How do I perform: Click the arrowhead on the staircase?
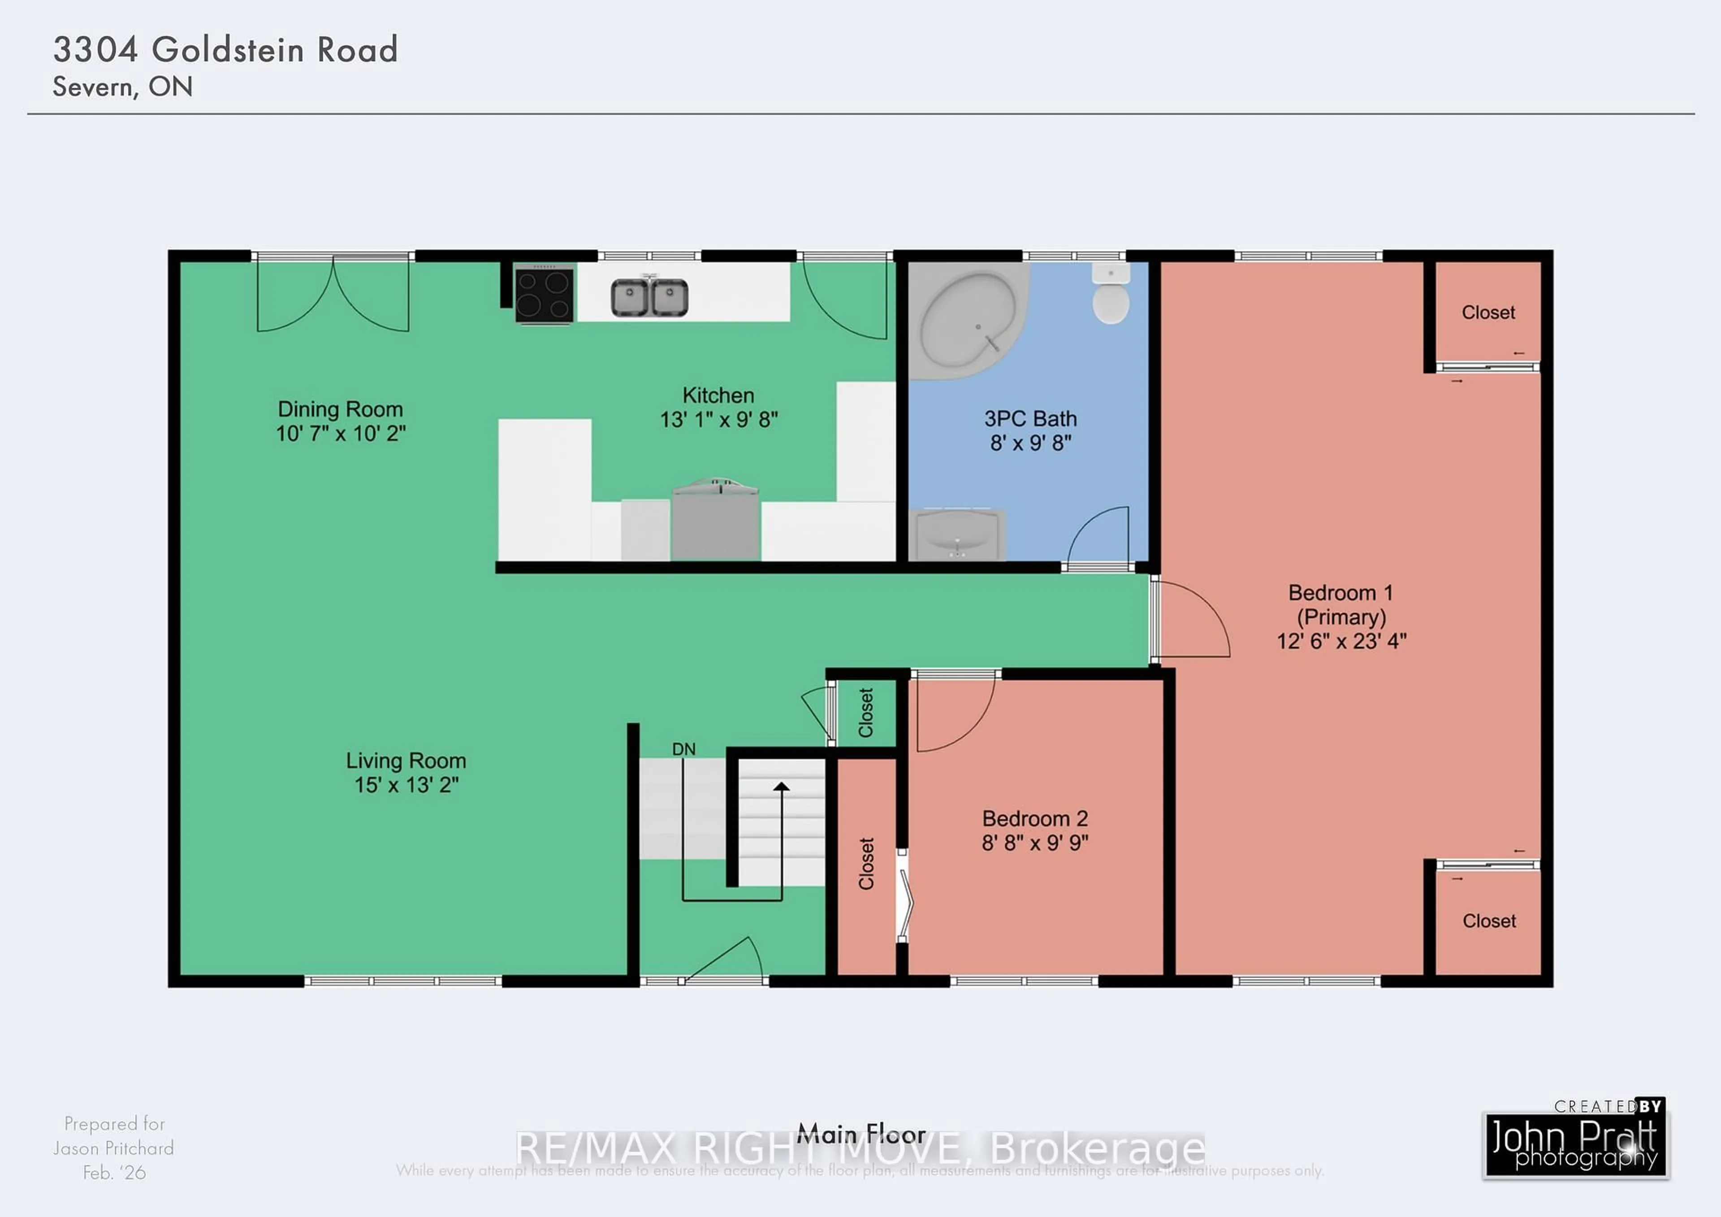click(x=781, y=787)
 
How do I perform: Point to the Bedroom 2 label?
click(x=1034, y=818)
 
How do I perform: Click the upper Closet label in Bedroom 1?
click(x=1488, y=313)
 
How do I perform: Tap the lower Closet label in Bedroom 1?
click(x=1489, y=921)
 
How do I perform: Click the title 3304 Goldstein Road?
click(x=225, y=49)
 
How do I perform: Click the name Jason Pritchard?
click(x=113, y=1148)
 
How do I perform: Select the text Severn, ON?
click(x=122, y=87)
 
